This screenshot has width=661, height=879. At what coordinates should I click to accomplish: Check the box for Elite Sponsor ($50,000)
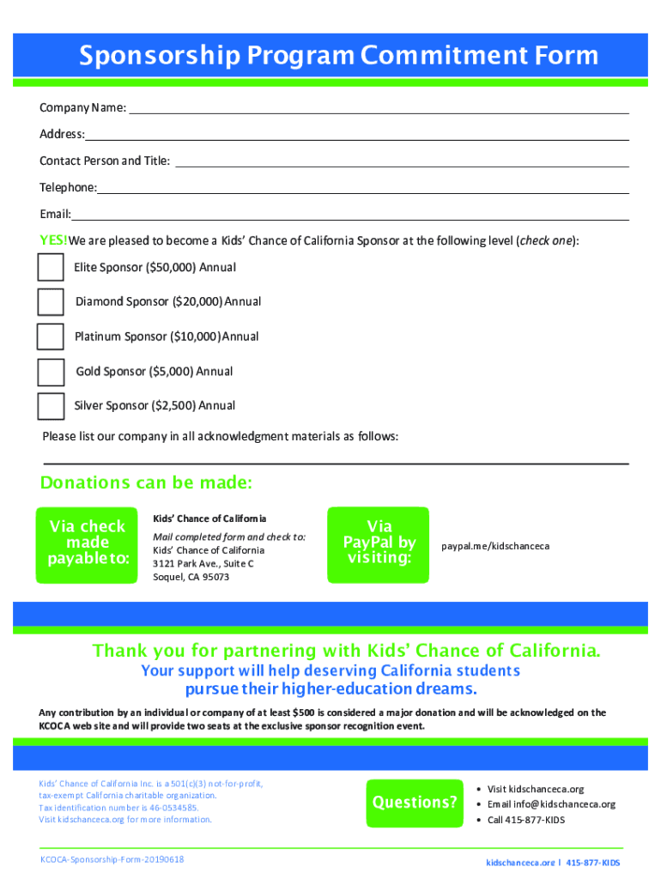point(51,267)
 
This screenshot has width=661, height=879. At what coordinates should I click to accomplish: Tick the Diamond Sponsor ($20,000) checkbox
point(51,301)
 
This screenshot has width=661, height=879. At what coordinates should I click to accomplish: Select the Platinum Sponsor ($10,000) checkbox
point(51,336)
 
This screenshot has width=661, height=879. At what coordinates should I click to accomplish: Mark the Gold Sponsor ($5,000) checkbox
point(51,372)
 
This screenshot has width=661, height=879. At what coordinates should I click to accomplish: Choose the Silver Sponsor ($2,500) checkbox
point(51,405)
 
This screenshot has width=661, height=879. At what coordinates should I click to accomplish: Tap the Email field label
point(55,214)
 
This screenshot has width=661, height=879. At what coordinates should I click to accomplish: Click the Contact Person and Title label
point(105,161)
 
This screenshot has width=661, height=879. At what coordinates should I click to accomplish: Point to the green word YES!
point(53,240)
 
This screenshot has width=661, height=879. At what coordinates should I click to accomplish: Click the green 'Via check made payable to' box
point(87,543)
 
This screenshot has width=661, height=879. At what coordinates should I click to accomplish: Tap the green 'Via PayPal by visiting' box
point(379,543)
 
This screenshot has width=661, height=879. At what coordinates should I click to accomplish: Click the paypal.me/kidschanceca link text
point(495,546)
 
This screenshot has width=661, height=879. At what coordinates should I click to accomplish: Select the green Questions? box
point(414,803)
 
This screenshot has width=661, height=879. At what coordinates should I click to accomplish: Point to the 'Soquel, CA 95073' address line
point(191,577)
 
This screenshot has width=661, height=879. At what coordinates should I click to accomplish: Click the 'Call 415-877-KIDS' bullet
point(525,820)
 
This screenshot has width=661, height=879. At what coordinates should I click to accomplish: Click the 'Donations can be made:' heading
point(146,483)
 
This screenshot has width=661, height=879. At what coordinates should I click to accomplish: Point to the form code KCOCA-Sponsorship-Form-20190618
point(112,859)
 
